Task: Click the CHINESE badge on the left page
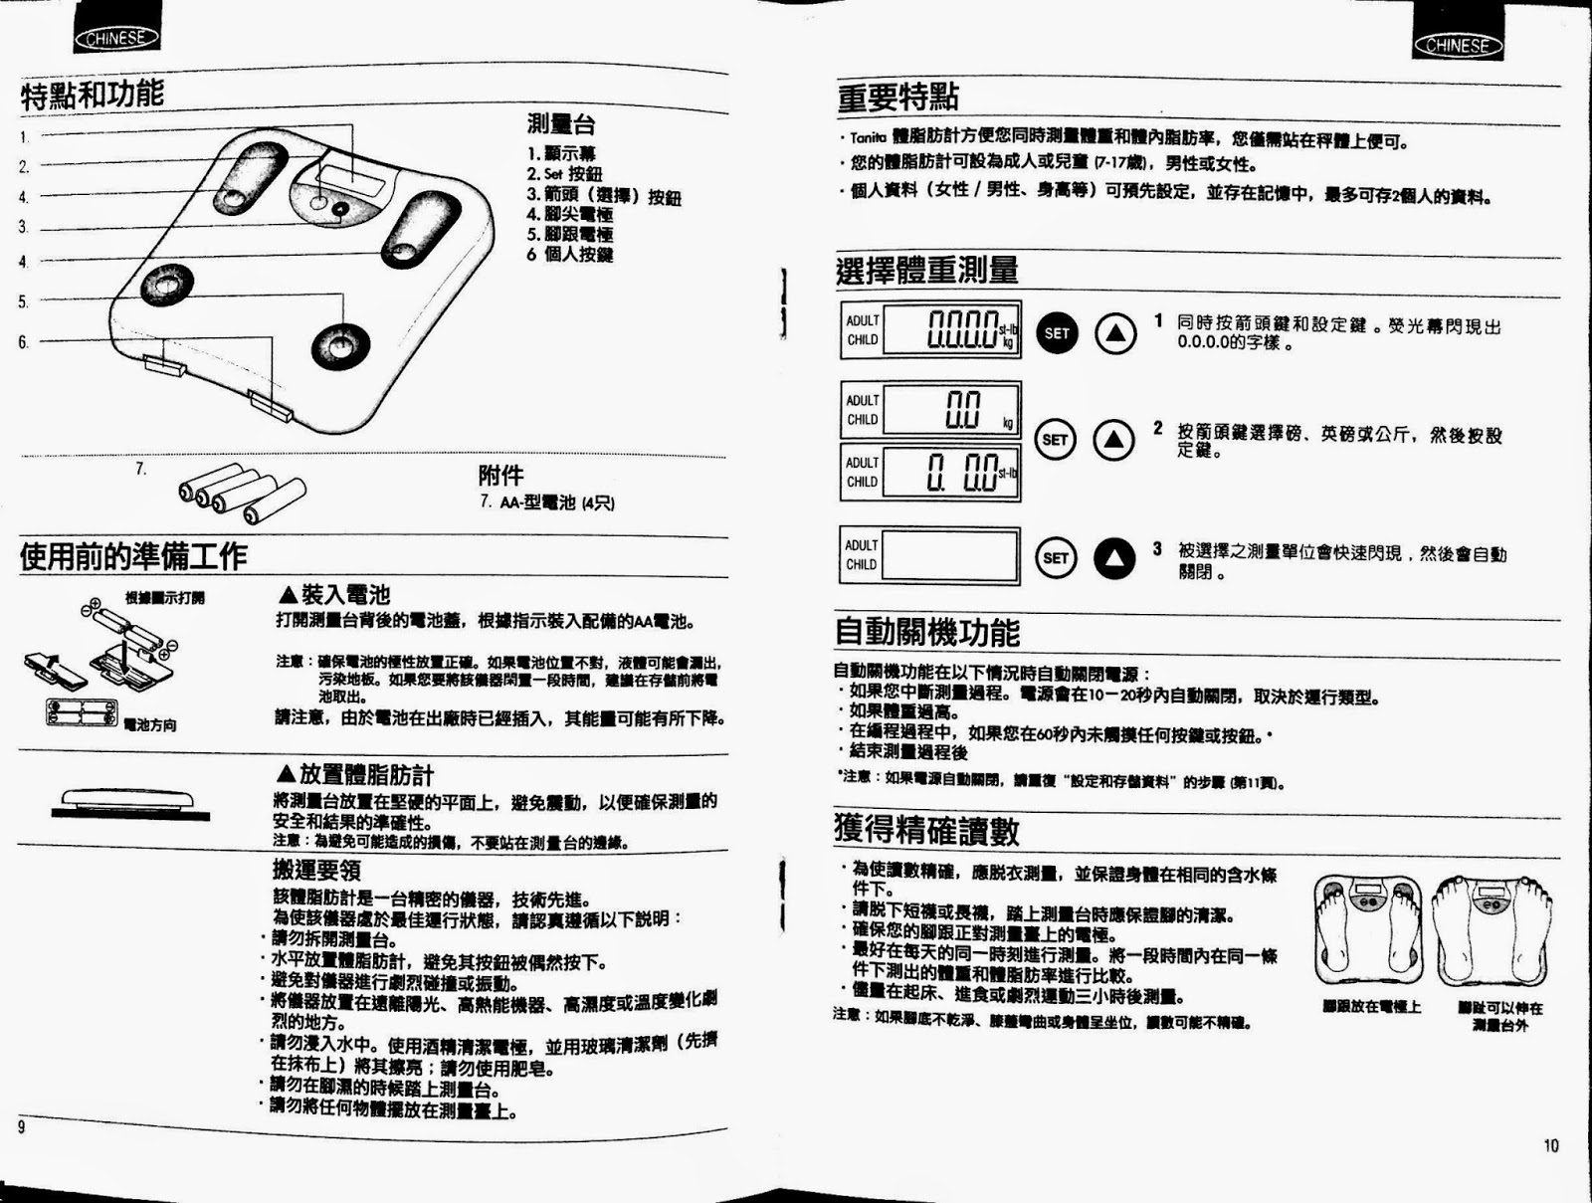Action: [x=116, y=39]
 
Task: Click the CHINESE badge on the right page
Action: [x=1457, y=45]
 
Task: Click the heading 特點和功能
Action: [x=92, y=96]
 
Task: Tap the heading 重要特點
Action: [x=897, y=98]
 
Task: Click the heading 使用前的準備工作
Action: [x=133, y=556]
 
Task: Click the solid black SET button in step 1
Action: [x=1057, y=333]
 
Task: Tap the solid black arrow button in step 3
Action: [x=1114, y=558]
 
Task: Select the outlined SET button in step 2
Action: [x=1056, y=439]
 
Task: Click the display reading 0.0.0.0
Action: [x=952, y=329]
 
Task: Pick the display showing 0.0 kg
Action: [x=951, y=409]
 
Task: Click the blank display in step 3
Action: [x=950, y=555]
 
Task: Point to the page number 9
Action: [x=21, y=1126]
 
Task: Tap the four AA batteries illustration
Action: [x=242, y=492]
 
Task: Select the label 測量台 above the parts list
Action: [x=561, y=125]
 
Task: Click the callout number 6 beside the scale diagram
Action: [x=23, y=342]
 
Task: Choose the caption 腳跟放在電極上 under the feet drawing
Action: [x=1371, y=1007]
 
